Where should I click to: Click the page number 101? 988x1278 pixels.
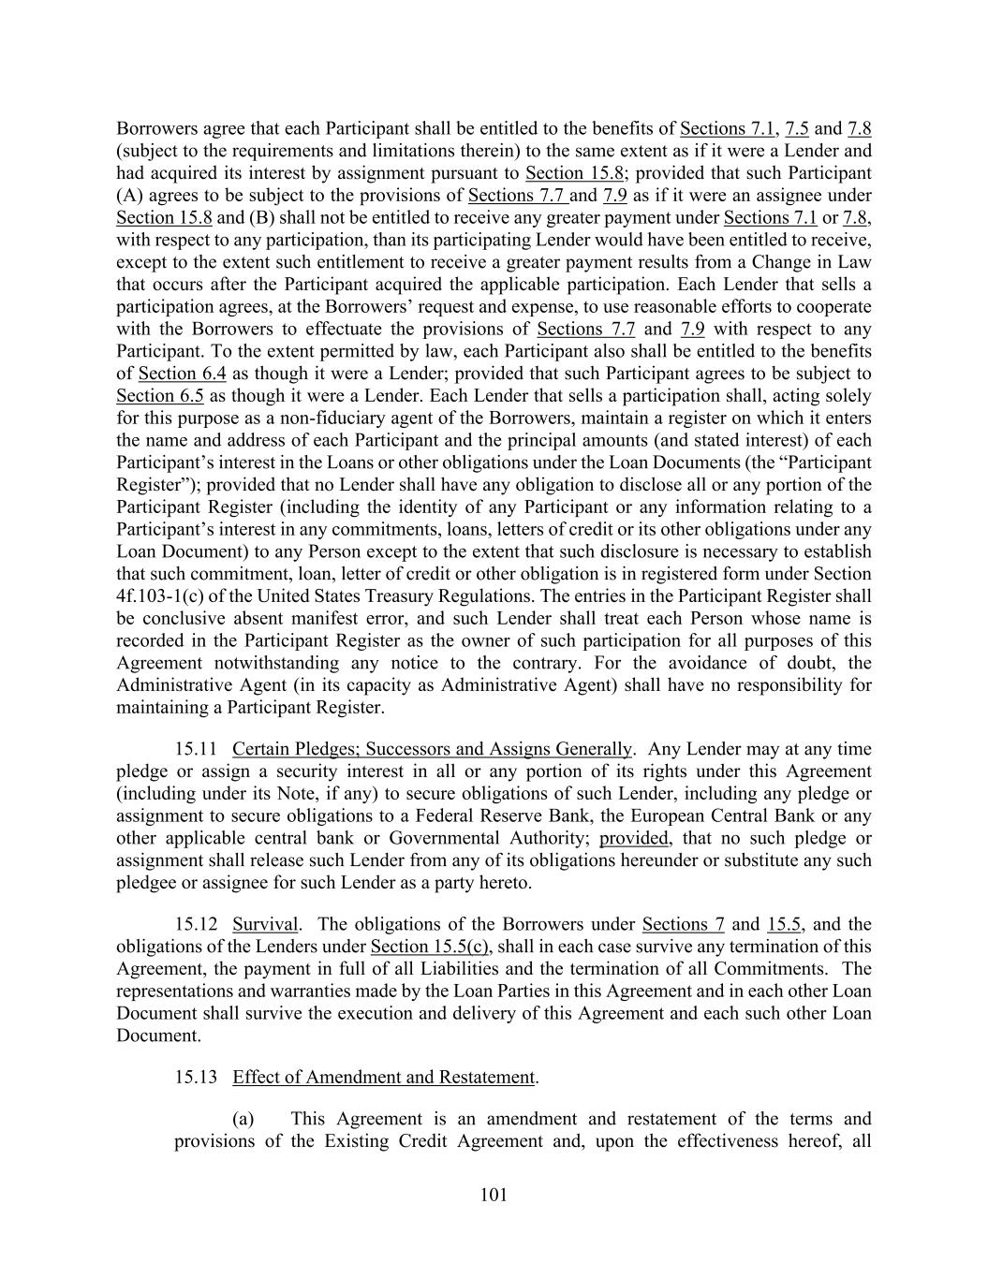point(494,1194)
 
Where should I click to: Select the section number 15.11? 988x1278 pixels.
point(196,749)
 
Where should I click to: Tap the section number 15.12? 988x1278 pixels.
point(196,924)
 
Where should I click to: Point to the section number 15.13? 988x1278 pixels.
point(196,1077)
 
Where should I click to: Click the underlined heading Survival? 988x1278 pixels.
point(265,924)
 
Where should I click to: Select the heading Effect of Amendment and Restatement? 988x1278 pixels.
point(384,1077)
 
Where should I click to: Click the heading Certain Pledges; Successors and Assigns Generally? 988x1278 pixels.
point(432,749)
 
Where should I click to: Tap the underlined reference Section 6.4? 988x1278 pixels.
point(183,374)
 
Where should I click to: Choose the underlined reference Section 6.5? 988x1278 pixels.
point(160,396)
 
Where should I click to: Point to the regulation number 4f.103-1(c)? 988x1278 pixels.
point(165,596)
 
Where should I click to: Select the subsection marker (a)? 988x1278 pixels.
point(243,1118)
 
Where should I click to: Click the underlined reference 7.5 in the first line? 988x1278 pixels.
point(797,128)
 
